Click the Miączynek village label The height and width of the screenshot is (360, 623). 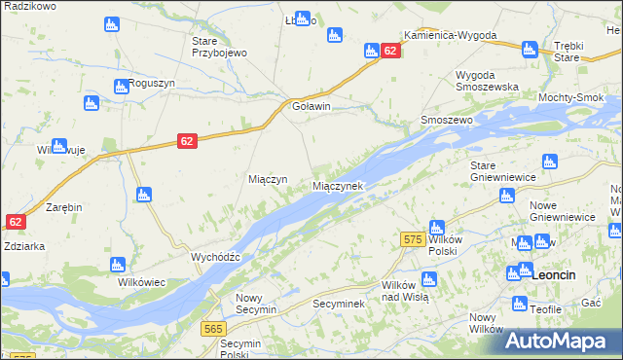coord(338,186)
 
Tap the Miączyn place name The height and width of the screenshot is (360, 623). coord(268,180)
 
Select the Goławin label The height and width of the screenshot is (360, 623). coord(311,107)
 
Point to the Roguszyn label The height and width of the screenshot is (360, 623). coord(153,84)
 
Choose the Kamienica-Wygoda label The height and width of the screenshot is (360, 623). coord(450,35)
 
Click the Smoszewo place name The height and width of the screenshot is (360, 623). coord(446,120)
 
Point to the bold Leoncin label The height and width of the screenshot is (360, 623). coord(555,275)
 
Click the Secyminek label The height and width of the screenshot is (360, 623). coord(338,305)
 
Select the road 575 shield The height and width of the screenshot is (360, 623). coord(410,238)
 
